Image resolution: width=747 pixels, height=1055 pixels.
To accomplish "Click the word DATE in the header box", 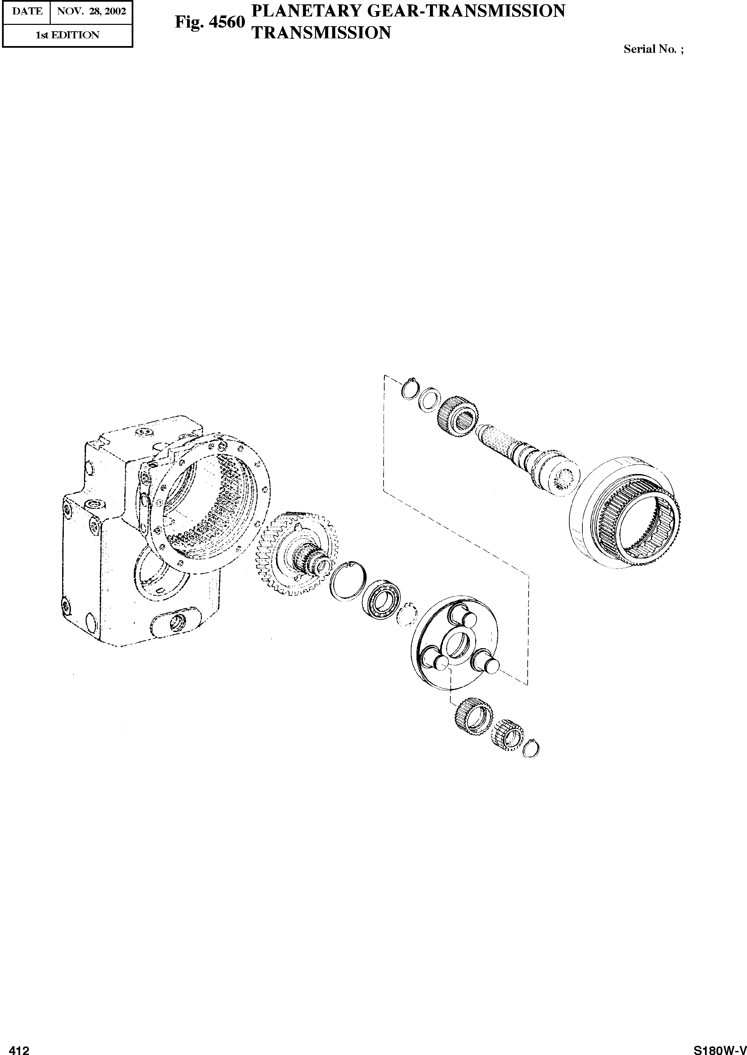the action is tap(27, 11).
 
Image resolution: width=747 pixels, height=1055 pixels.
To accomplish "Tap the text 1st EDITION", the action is tap(68, 35).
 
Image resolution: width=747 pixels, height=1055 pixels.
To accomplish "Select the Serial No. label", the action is tap(654, 49).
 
